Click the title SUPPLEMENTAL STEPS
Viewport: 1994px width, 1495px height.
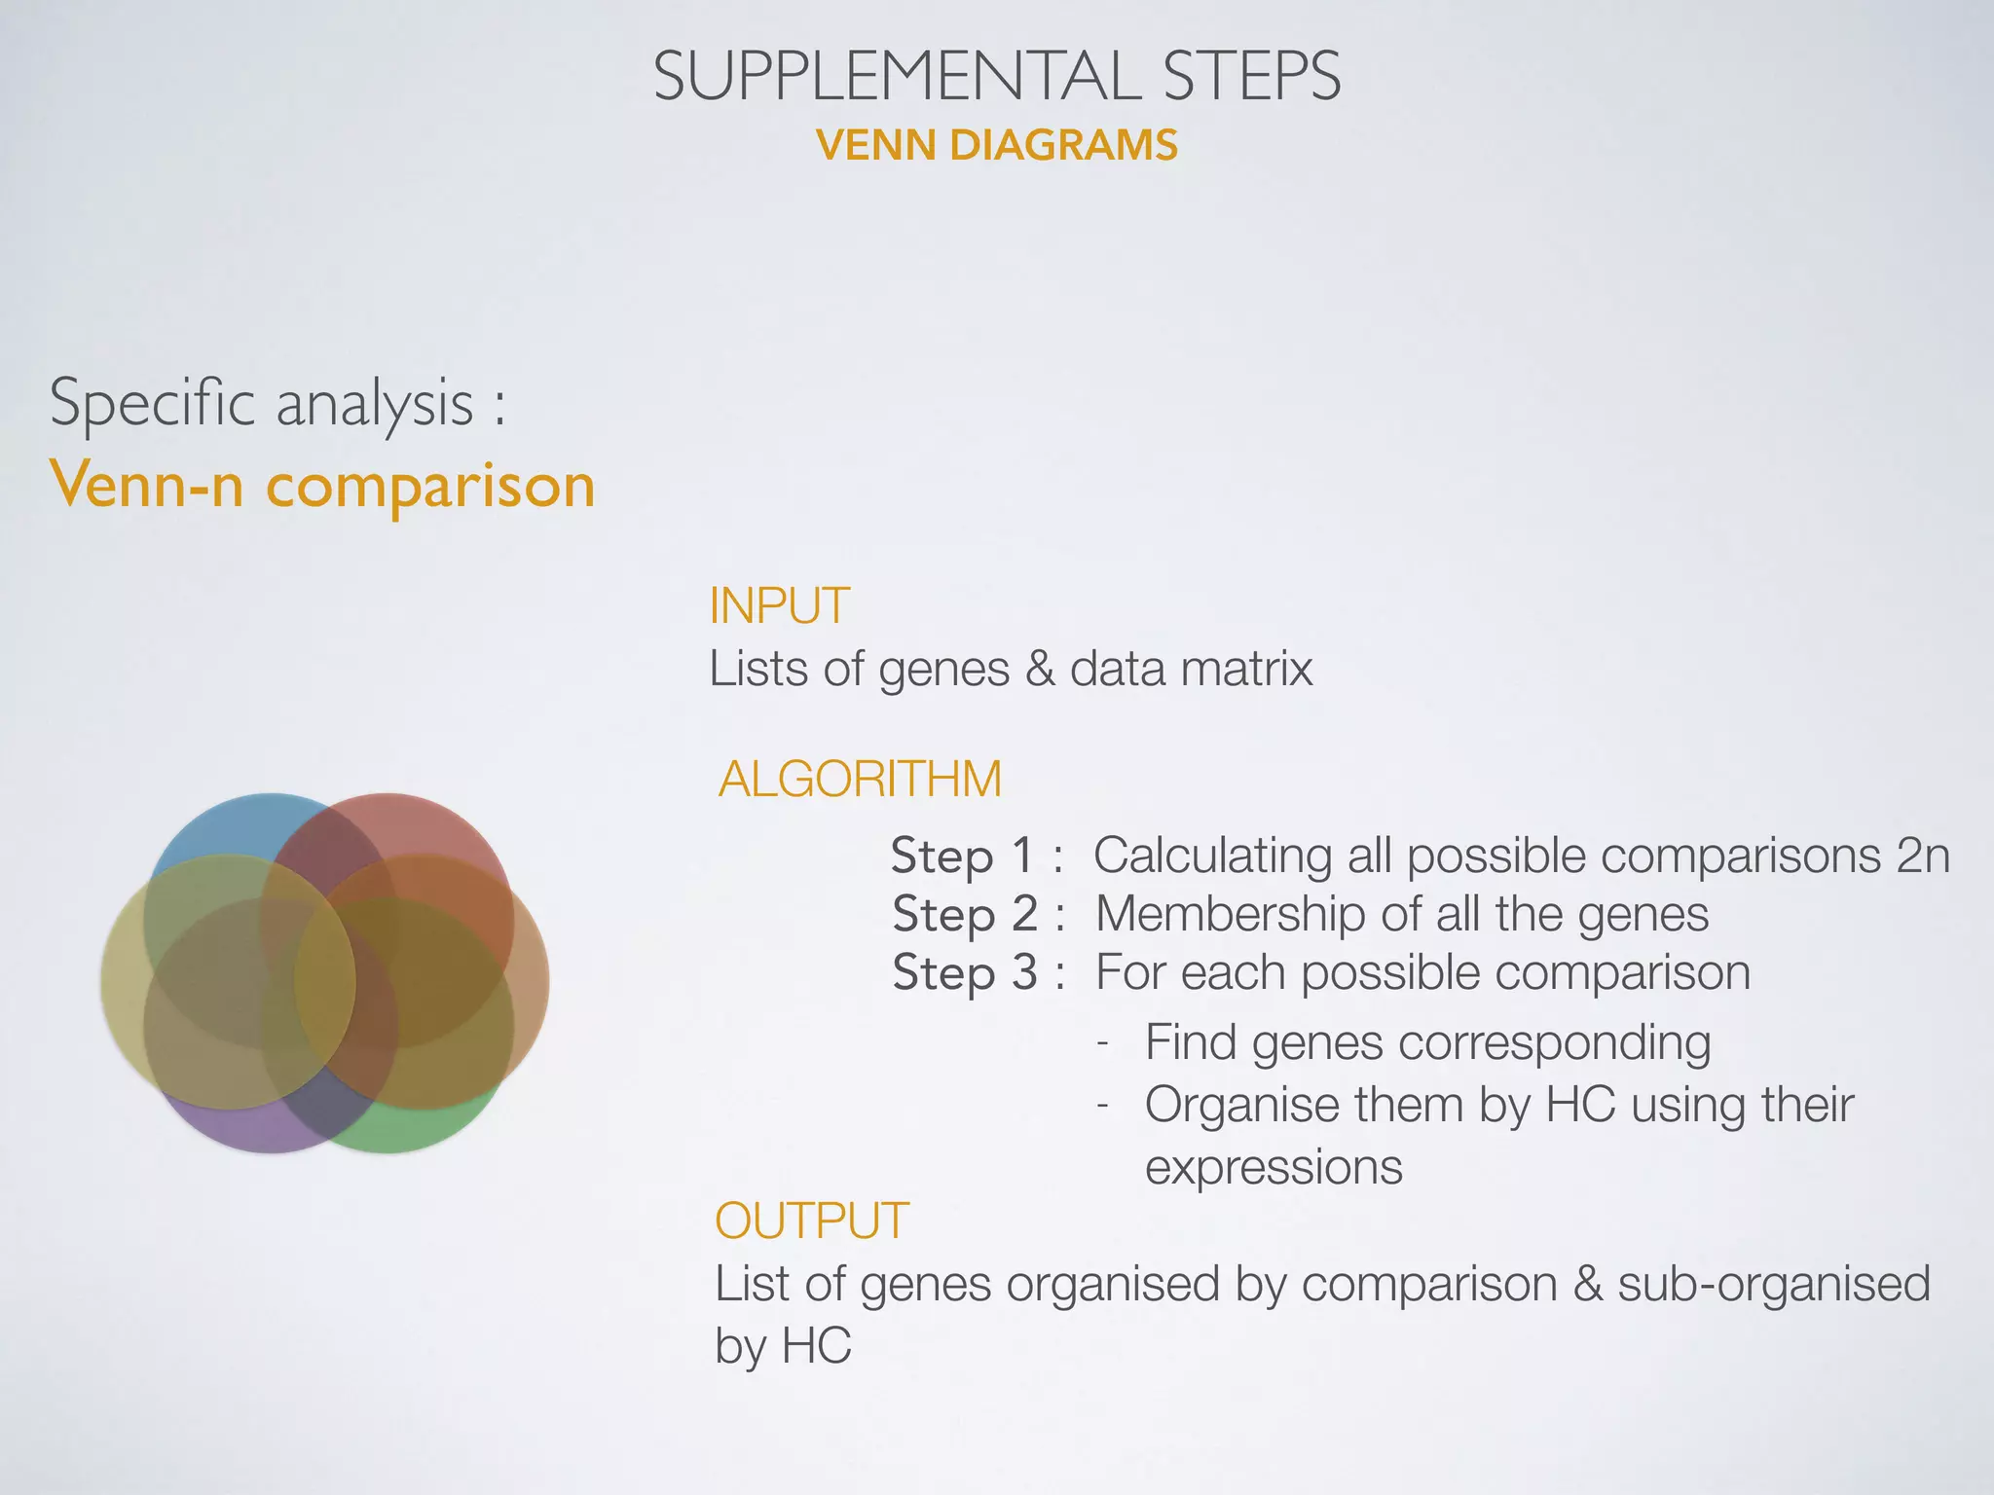(997, 76)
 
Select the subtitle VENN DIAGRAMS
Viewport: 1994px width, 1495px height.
(997, 146)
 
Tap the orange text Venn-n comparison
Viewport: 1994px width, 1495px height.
(322, 485)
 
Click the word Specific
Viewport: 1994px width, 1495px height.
(153, 403)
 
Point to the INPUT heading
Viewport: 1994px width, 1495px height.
(779, 605)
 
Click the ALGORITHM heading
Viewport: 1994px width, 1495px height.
(860, 779)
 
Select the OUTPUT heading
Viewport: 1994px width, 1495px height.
(812, 1221)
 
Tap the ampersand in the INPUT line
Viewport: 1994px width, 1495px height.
(1040, 669)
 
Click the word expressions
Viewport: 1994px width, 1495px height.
(1274, 1167)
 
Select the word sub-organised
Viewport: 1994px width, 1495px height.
(1773, 1284)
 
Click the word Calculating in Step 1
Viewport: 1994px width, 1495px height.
(1212, 856)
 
